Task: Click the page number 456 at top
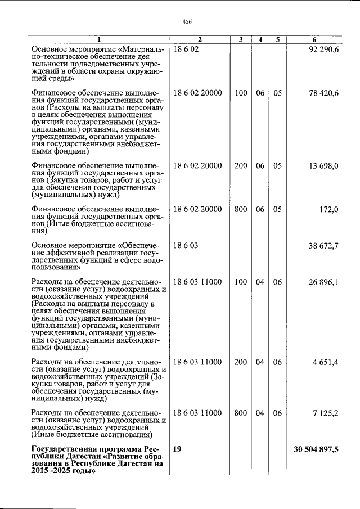[187, 21]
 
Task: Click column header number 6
[314, 39]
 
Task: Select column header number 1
[99, 39]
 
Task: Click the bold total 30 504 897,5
[316, 449]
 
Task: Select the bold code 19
[178, 449]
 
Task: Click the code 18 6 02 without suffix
[186, 50]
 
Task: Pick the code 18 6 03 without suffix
[186, 246]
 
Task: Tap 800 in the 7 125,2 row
[241, 413]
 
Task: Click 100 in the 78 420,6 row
[241, 93]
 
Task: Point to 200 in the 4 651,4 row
[241, 362]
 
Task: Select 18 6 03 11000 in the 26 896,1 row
[198, 282]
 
